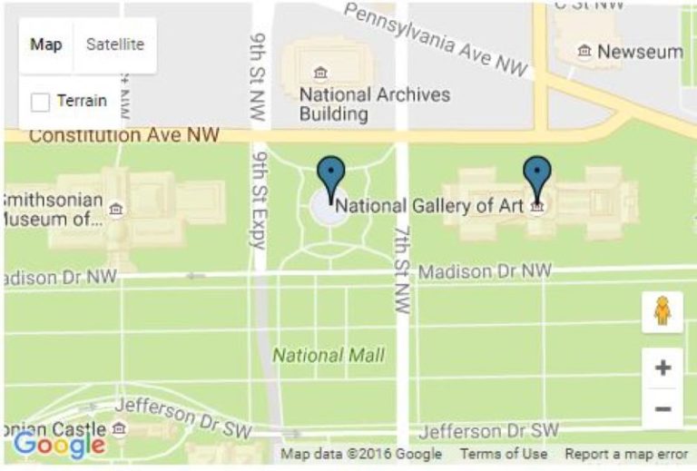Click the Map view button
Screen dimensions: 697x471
coord(46,44)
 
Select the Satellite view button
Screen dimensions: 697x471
coord(114,44)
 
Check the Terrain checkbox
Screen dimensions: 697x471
coord(40,102)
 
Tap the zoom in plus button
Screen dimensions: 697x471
coord(663,368)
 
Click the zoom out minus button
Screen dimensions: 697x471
coord(663,408)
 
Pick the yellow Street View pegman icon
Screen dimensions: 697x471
coord(662,312)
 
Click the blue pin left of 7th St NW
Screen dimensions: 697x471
coord(330,175)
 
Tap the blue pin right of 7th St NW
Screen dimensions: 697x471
coord(537,175)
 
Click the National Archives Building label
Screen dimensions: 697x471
coord(374,104)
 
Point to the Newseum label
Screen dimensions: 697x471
coord(640,52)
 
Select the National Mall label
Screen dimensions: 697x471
coord(328,355)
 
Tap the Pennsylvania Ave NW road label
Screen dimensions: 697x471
coord(437,39)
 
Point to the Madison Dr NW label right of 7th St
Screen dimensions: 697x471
coord(485,271)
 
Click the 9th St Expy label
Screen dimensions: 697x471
coord(257,209)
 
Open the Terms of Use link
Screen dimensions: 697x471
coord(503,454)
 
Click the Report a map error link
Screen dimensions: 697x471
coord(626,454)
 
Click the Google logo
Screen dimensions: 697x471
coord(59,445)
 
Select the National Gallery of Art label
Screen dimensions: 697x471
coord(429,206)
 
